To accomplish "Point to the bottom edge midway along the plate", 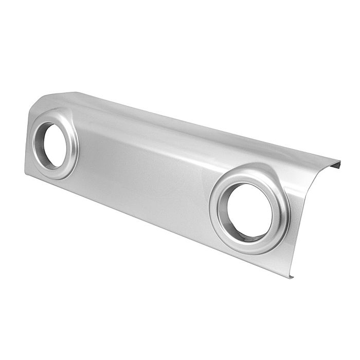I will tap(154, 223).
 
